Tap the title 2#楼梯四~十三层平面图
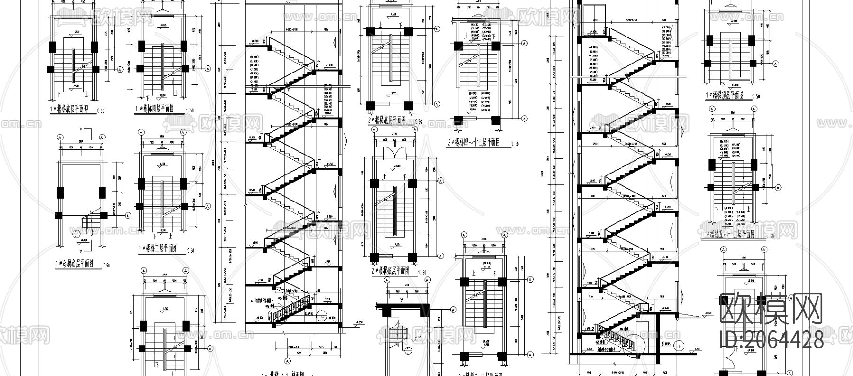click(x=476, y=142)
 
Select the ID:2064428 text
click(x=771, y=339)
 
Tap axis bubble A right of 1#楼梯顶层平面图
click(x=776, y=63)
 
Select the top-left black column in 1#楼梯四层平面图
click(x=141, y=46)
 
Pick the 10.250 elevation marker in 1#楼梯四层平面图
click(x=163, y=25)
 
